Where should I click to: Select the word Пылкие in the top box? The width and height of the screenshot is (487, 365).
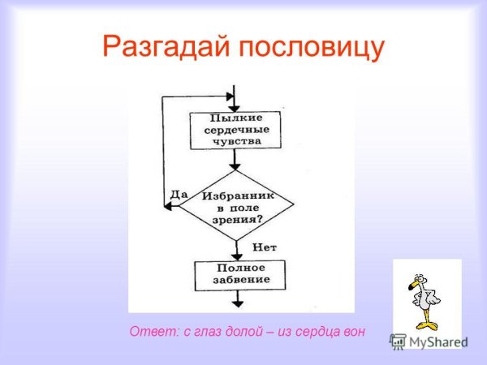pos(235,118)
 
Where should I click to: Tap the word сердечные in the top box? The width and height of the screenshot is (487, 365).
pos(235,129)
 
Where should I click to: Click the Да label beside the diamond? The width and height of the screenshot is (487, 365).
pos(179,195)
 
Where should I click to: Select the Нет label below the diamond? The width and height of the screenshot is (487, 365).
pos(265,247)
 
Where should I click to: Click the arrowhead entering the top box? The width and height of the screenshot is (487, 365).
pos(236,107)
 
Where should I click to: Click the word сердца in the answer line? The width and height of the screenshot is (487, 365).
pos(316,331)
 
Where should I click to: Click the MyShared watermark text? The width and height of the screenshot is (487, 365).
pos(433,341)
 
